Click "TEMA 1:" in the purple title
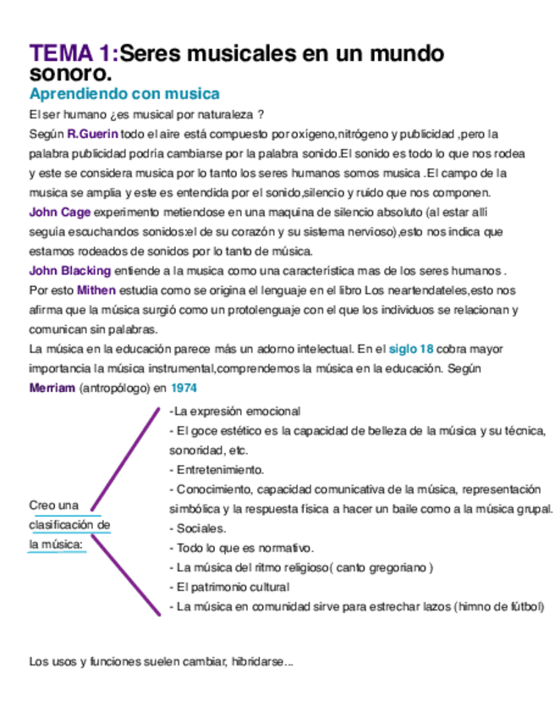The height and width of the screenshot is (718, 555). point(73,54)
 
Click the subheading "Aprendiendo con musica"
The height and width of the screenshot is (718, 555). point(124,94)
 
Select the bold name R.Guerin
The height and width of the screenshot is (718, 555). point(92,135)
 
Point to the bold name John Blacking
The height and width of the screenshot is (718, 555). point(69,271)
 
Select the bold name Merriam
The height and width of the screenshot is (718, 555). point(52,387)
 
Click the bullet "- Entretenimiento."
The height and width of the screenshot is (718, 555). point(217,469)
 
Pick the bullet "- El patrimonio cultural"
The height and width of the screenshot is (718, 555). point(229,586)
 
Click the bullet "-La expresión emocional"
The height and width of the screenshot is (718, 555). point(234,411)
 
